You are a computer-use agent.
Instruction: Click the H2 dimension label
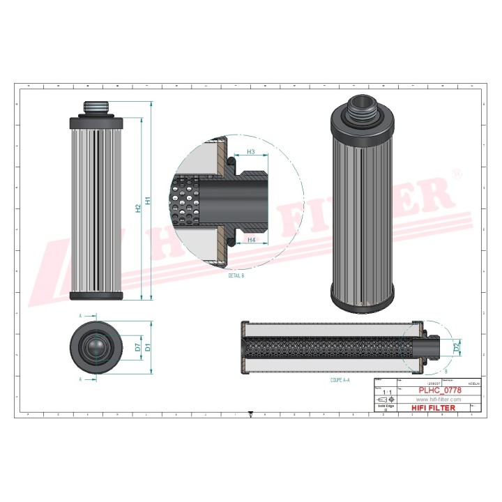tap(138, 209)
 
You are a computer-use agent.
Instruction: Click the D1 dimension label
tap(148, 347)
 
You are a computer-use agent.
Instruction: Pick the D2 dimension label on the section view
tap(457, 347)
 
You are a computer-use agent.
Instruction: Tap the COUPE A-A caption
tap(341, 381)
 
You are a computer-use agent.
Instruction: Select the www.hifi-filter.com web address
tap(439, 399)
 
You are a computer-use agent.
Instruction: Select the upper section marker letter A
tap(80, 316)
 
